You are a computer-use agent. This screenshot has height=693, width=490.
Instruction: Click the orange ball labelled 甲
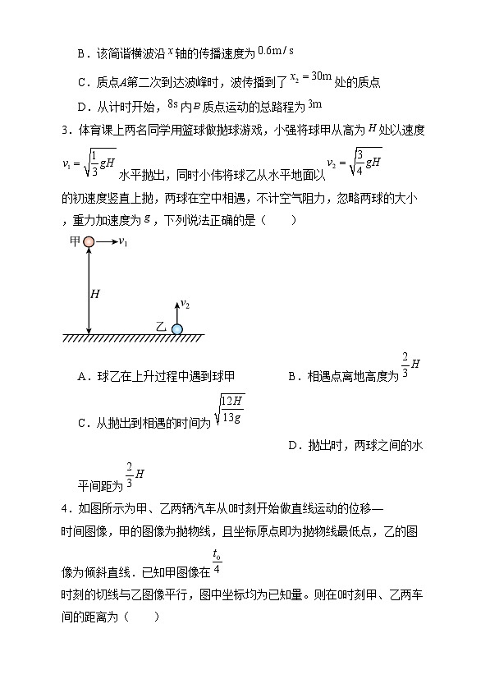[x=89, y=241]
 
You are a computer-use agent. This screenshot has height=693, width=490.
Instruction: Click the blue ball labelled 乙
[x=176, y=328]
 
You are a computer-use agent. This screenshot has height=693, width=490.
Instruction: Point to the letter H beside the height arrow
[x=94, y=292]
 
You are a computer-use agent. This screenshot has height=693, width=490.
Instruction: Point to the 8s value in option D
[x=172, y=105]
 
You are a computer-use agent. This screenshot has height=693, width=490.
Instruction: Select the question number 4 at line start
[x=65, y=509]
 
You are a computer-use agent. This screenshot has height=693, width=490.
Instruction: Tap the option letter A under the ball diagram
[x=82, y=376]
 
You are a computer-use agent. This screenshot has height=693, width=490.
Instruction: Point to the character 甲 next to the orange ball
[x=75, y=241]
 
